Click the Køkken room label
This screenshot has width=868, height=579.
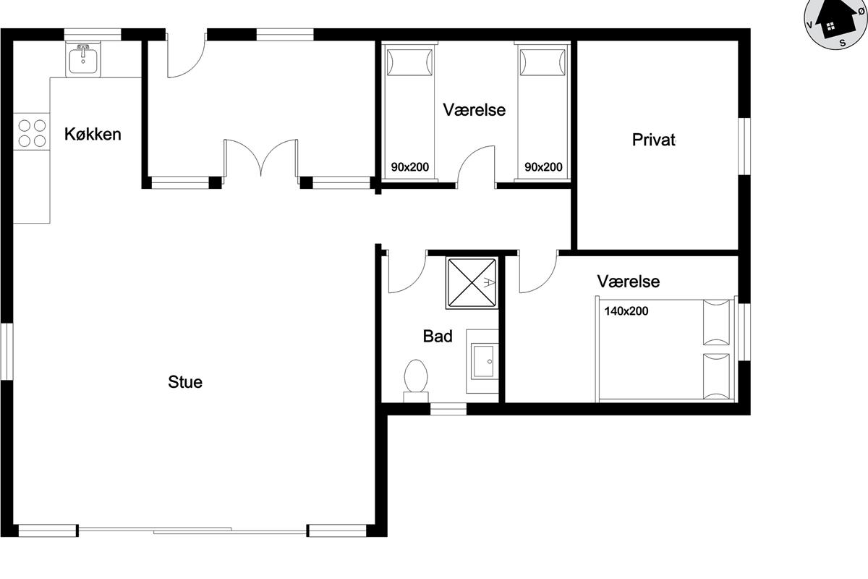coord(93,134)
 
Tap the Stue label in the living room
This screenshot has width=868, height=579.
coord(185,382)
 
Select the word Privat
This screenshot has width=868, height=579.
coord(654,140)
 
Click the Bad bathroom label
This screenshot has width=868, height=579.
coord(438,337)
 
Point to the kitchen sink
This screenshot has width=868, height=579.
coord(83,59)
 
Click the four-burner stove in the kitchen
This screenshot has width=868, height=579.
coord(32,132)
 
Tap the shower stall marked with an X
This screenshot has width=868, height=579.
coord(472,283)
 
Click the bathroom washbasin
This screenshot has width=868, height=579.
coord(483,361)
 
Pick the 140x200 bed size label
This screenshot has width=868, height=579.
coord(626,311)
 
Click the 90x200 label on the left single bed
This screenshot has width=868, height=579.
coord(410,167)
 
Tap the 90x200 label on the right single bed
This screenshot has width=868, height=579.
coord(543,167)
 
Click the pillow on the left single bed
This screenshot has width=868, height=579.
coord(409,62)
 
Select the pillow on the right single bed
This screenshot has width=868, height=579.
coord(542,62)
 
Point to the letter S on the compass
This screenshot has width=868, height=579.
coord(843,43)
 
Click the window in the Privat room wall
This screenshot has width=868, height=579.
coord(744,146)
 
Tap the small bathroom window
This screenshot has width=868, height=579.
coord(448,409)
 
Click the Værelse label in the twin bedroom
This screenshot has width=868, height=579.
coord(475,110)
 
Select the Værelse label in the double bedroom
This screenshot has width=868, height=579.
coord(628,282)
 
